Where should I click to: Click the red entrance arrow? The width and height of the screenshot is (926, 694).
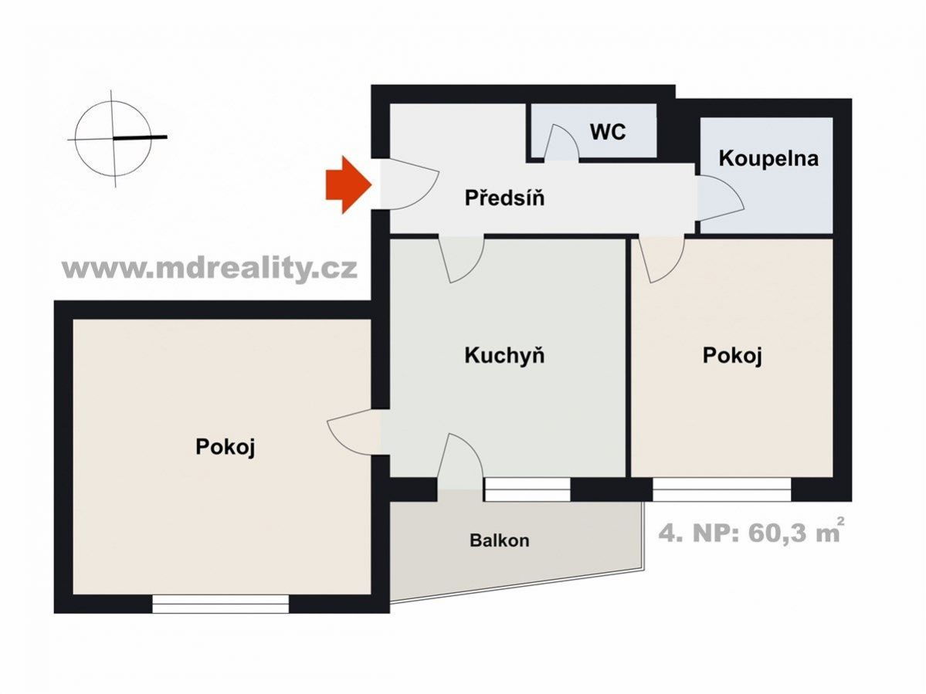[x=348, y=185]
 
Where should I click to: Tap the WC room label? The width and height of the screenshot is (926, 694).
[x=608, y=131]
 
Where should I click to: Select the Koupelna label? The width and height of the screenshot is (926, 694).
[x=768, y=159]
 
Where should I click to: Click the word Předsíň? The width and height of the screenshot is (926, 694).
[x=504, y=198]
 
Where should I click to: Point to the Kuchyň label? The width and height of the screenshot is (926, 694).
[x=504, y=356]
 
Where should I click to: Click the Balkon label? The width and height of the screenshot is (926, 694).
[x=500, y=540]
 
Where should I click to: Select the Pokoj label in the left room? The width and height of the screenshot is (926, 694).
[x=225, y=447]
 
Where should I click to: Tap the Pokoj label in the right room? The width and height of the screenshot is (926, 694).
[x=732, y=355]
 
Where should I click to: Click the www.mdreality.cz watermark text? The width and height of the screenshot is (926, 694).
[x=209, y=269]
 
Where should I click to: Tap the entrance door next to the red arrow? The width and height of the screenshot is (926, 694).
[x=409, y=185]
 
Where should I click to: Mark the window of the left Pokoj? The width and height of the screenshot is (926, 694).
[x=221, y=604]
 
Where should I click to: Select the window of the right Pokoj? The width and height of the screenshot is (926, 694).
[x=721, y=489]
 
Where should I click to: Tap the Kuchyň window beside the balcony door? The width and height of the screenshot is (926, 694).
[x=527, y=489]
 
